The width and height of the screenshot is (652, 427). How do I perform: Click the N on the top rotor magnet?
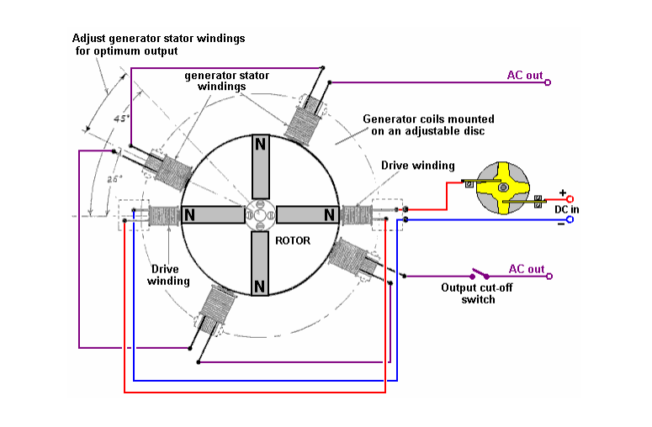click(x=261, y=144)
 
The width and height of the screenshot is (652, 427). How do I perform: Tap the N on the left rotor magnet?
click(x=190, y=214)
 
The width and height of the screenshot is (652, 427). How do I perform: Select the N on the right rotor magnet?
click(x=331, y=214)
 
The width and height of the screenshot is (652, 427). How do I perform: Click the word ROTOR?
click(x=293, y=241)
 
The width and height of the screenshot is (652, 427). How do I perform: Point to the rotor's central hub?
click(x=261, y=214)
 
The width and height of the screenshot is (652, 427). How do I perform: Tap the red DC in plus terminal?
click(x=570, y=200)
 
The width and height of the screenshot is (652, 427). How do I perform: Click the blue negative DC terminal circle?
click(x=570, y=219)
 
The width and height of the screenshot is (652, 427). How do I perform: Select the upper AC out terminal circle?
click(x=549, y=82)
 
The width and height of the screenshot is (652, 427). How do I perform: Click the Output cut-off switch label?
click(x=471, y=293)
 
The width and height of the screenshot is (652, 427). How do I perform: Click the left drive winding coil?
click(x=163, y=215)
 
